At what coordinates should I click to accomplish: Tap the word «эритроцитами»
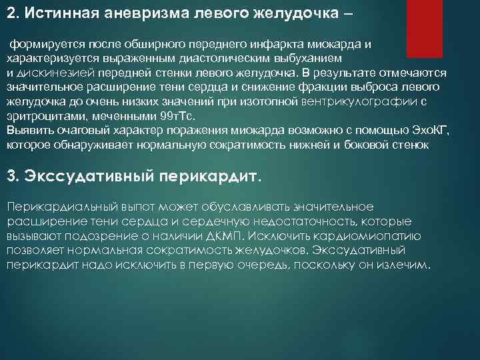42,116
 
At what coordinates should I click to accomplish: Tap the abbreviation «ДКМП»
231,236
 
